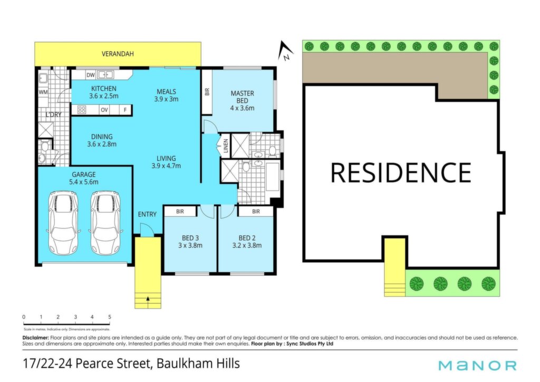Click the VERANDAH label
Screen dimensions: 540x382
coord(118,54)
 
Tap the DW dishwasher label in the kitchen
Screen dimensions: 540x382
coord(90,75)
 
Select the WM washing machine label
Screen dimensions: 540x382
coord(43,92)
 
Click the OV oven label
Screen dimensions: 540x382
coord(104,110)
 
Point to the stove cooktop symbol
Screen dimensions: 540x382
coord(82,110)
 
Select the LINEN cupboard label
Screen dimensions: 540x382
coord(226,145)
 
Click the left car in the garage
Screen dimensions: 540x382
coord(63,223)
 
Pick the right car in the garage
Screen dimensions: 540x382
coord(105,223)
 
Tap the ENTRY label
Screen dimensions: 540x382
coord(147,214)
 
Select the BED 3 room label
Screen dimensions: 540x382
coord(190,238)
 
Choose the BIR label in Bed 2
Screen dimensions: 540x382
coord(256,212)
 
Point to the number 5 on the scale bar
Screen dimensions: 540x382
coord(110,317)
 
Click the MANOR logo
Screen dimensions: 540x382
coord(477,365)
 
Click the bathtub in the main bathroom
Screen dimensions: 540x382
coord(273,177)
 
